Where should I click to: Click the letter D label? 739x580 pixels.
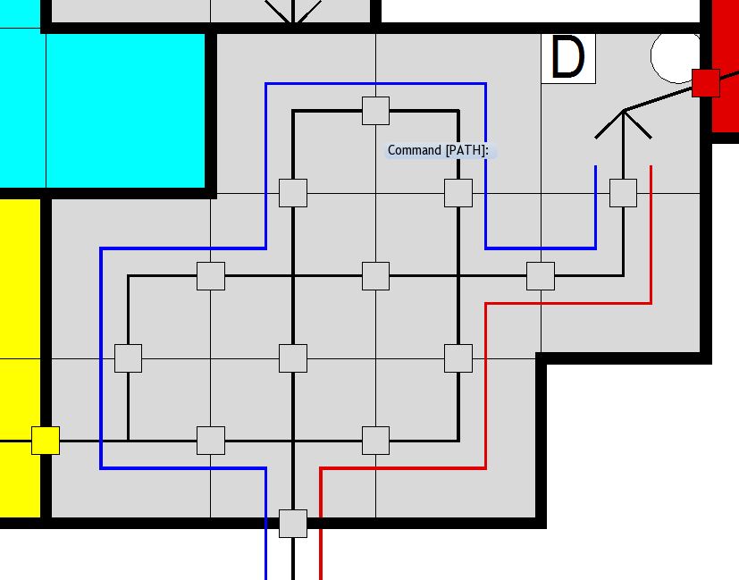click(x=568, y=58)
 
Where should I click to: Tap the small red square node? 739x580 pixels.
click(x=706, y=83)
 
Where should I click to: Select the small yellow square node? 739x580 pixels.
click(x=46, y=441)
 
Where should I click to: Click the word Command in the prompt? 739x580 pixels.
click(x=415, y=150)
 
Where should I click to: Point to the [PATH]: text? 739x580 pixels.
click(x=466, y=150)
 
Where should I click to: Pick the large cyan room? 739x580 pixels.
click(x=107, y=107)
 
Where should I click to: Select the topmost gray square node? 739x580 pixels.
click(x=376, y=111)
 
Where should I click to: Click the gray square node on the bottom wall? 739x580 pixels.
click(x=293, y=523)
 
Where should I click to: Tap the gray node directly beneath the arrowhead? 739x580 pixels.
click(x=623, y=193)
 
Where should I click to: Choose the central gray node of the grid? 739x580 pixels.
click(x=376, y=276)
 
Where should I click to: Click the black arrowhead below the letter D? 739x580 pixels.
click(x=623, y=121)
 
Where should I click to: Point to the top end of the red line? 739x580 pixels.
click(x=651, y=167)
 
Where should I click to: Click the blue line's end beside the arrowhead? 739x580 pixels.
click(x=596, y=167)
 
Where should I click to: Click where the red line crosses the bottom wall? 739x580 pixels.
click(x=321, y=523)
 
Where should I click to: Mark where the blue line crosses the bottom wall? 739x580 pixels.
click(x=266, y=523)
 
